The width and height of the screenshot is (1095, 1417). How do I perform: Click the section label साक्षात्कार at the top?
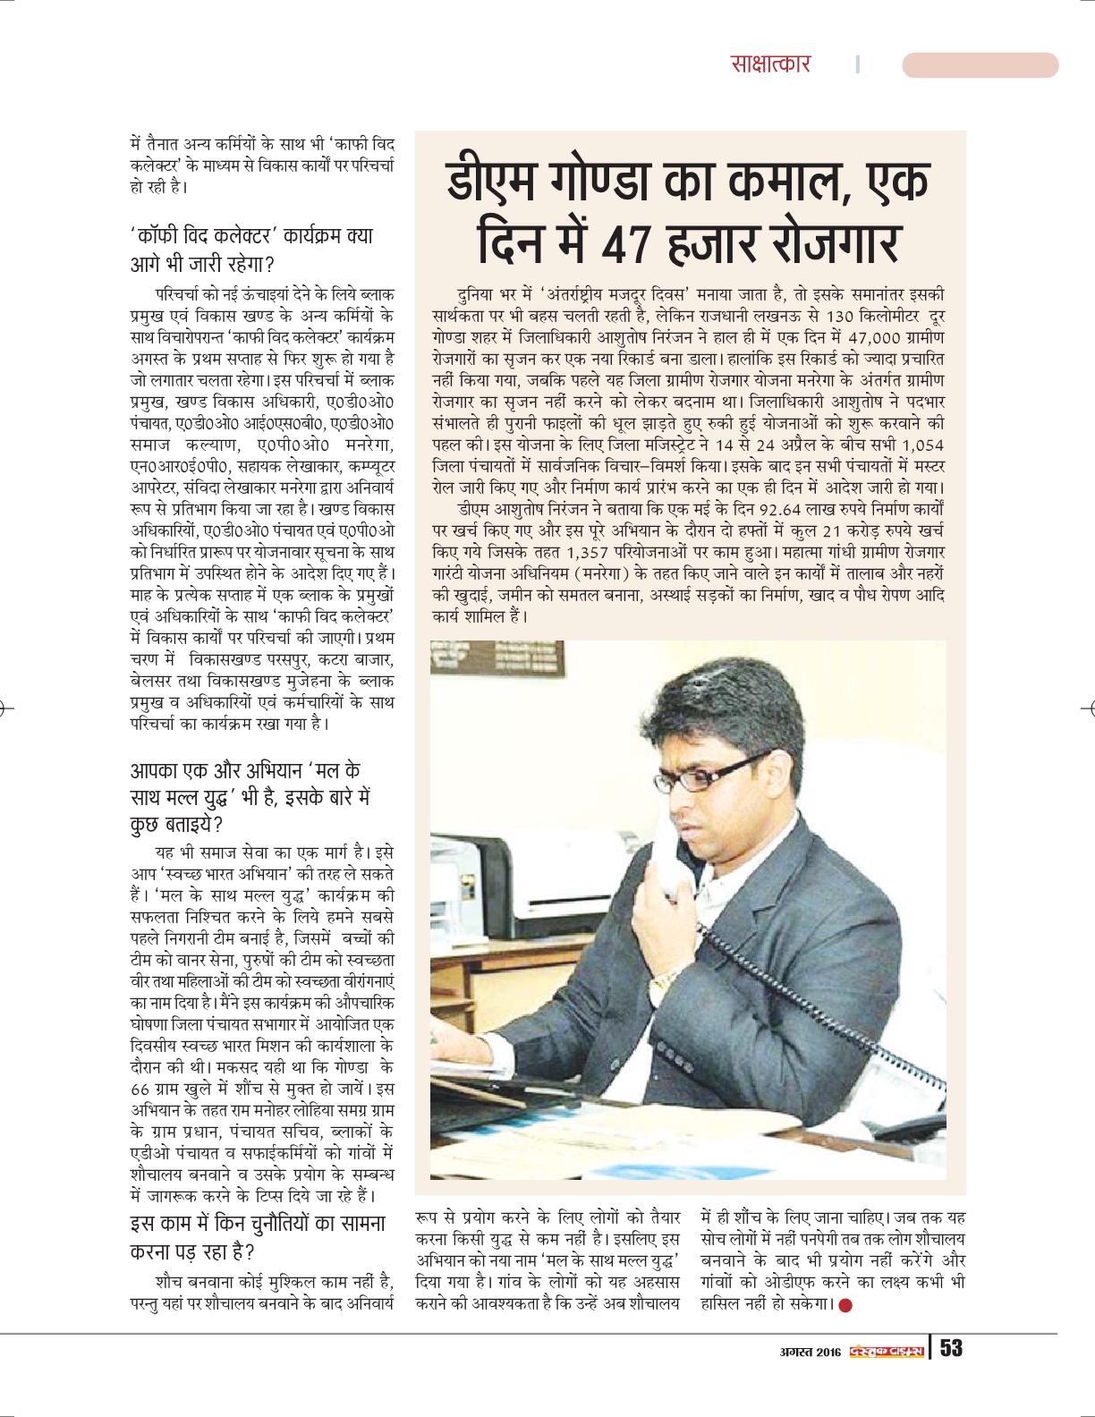tap(769, 64)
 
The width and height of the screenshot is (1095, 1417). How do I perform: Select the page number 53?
tap(950, 1347)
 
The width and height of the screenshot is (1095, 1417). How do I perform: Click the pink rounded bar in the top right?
tap(980, 64)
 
